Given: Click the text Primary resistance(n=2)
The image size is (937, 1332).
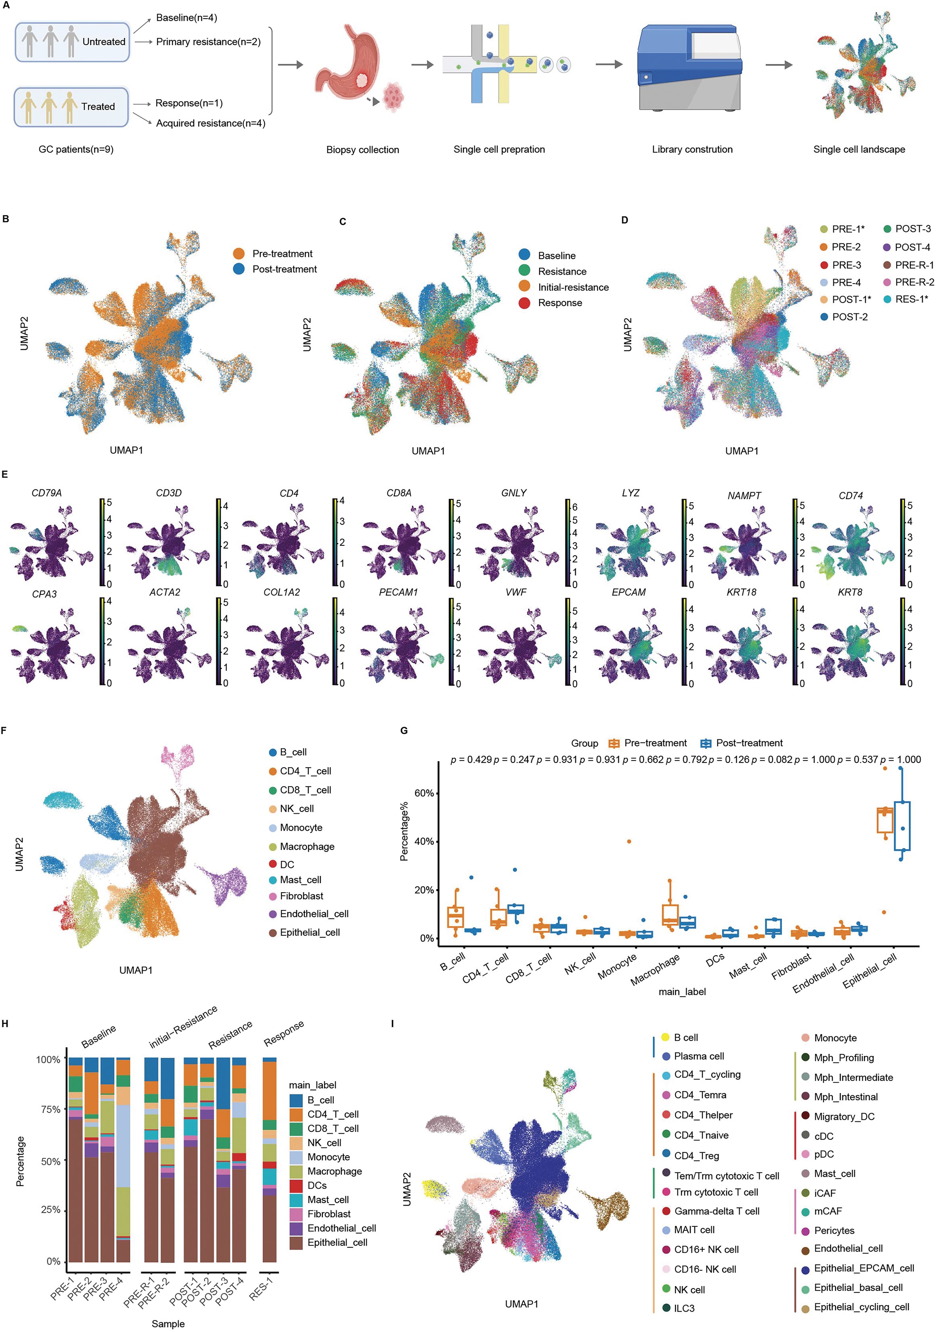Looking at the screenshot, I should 208,42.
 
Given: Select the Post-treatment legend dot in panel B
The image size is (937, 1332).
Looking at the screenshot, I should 239,269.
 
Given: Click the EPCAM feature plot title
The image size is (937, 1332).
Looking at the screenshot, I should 628,592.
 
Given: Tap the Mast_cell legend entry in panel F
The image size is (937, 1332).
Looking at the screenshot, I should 300,880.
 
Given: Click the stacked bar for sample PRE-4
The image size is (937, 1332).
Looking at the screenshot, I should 123,1160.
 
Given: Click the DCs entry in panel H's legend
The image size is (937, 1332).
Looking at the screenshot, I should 317,1185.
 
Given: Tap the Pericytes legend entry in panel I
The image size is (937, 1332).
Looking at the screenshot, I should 834,1230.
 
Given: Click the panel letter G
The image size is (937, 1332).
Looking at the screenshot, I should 404,730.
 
